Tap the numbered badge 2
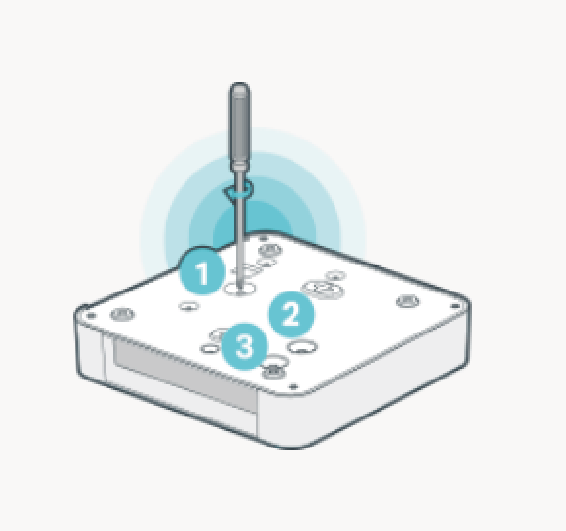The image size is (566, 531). (x=291, y=314)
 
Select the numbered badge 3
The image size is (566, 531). (x=244, y=346)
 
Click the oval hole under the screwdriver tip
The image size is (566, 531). (x=240, y=289)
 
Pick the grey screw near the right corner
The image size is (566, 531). (x=408, y=301)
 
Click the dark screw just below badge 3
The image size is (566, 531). (x=274, y=372)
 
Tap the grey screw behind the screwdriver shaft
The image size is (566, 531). (x=270, y=250)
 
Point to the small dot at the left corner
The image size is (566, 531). (x=91, y=316)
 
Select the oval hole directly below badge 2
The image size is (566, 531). (x=302, y=347)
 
